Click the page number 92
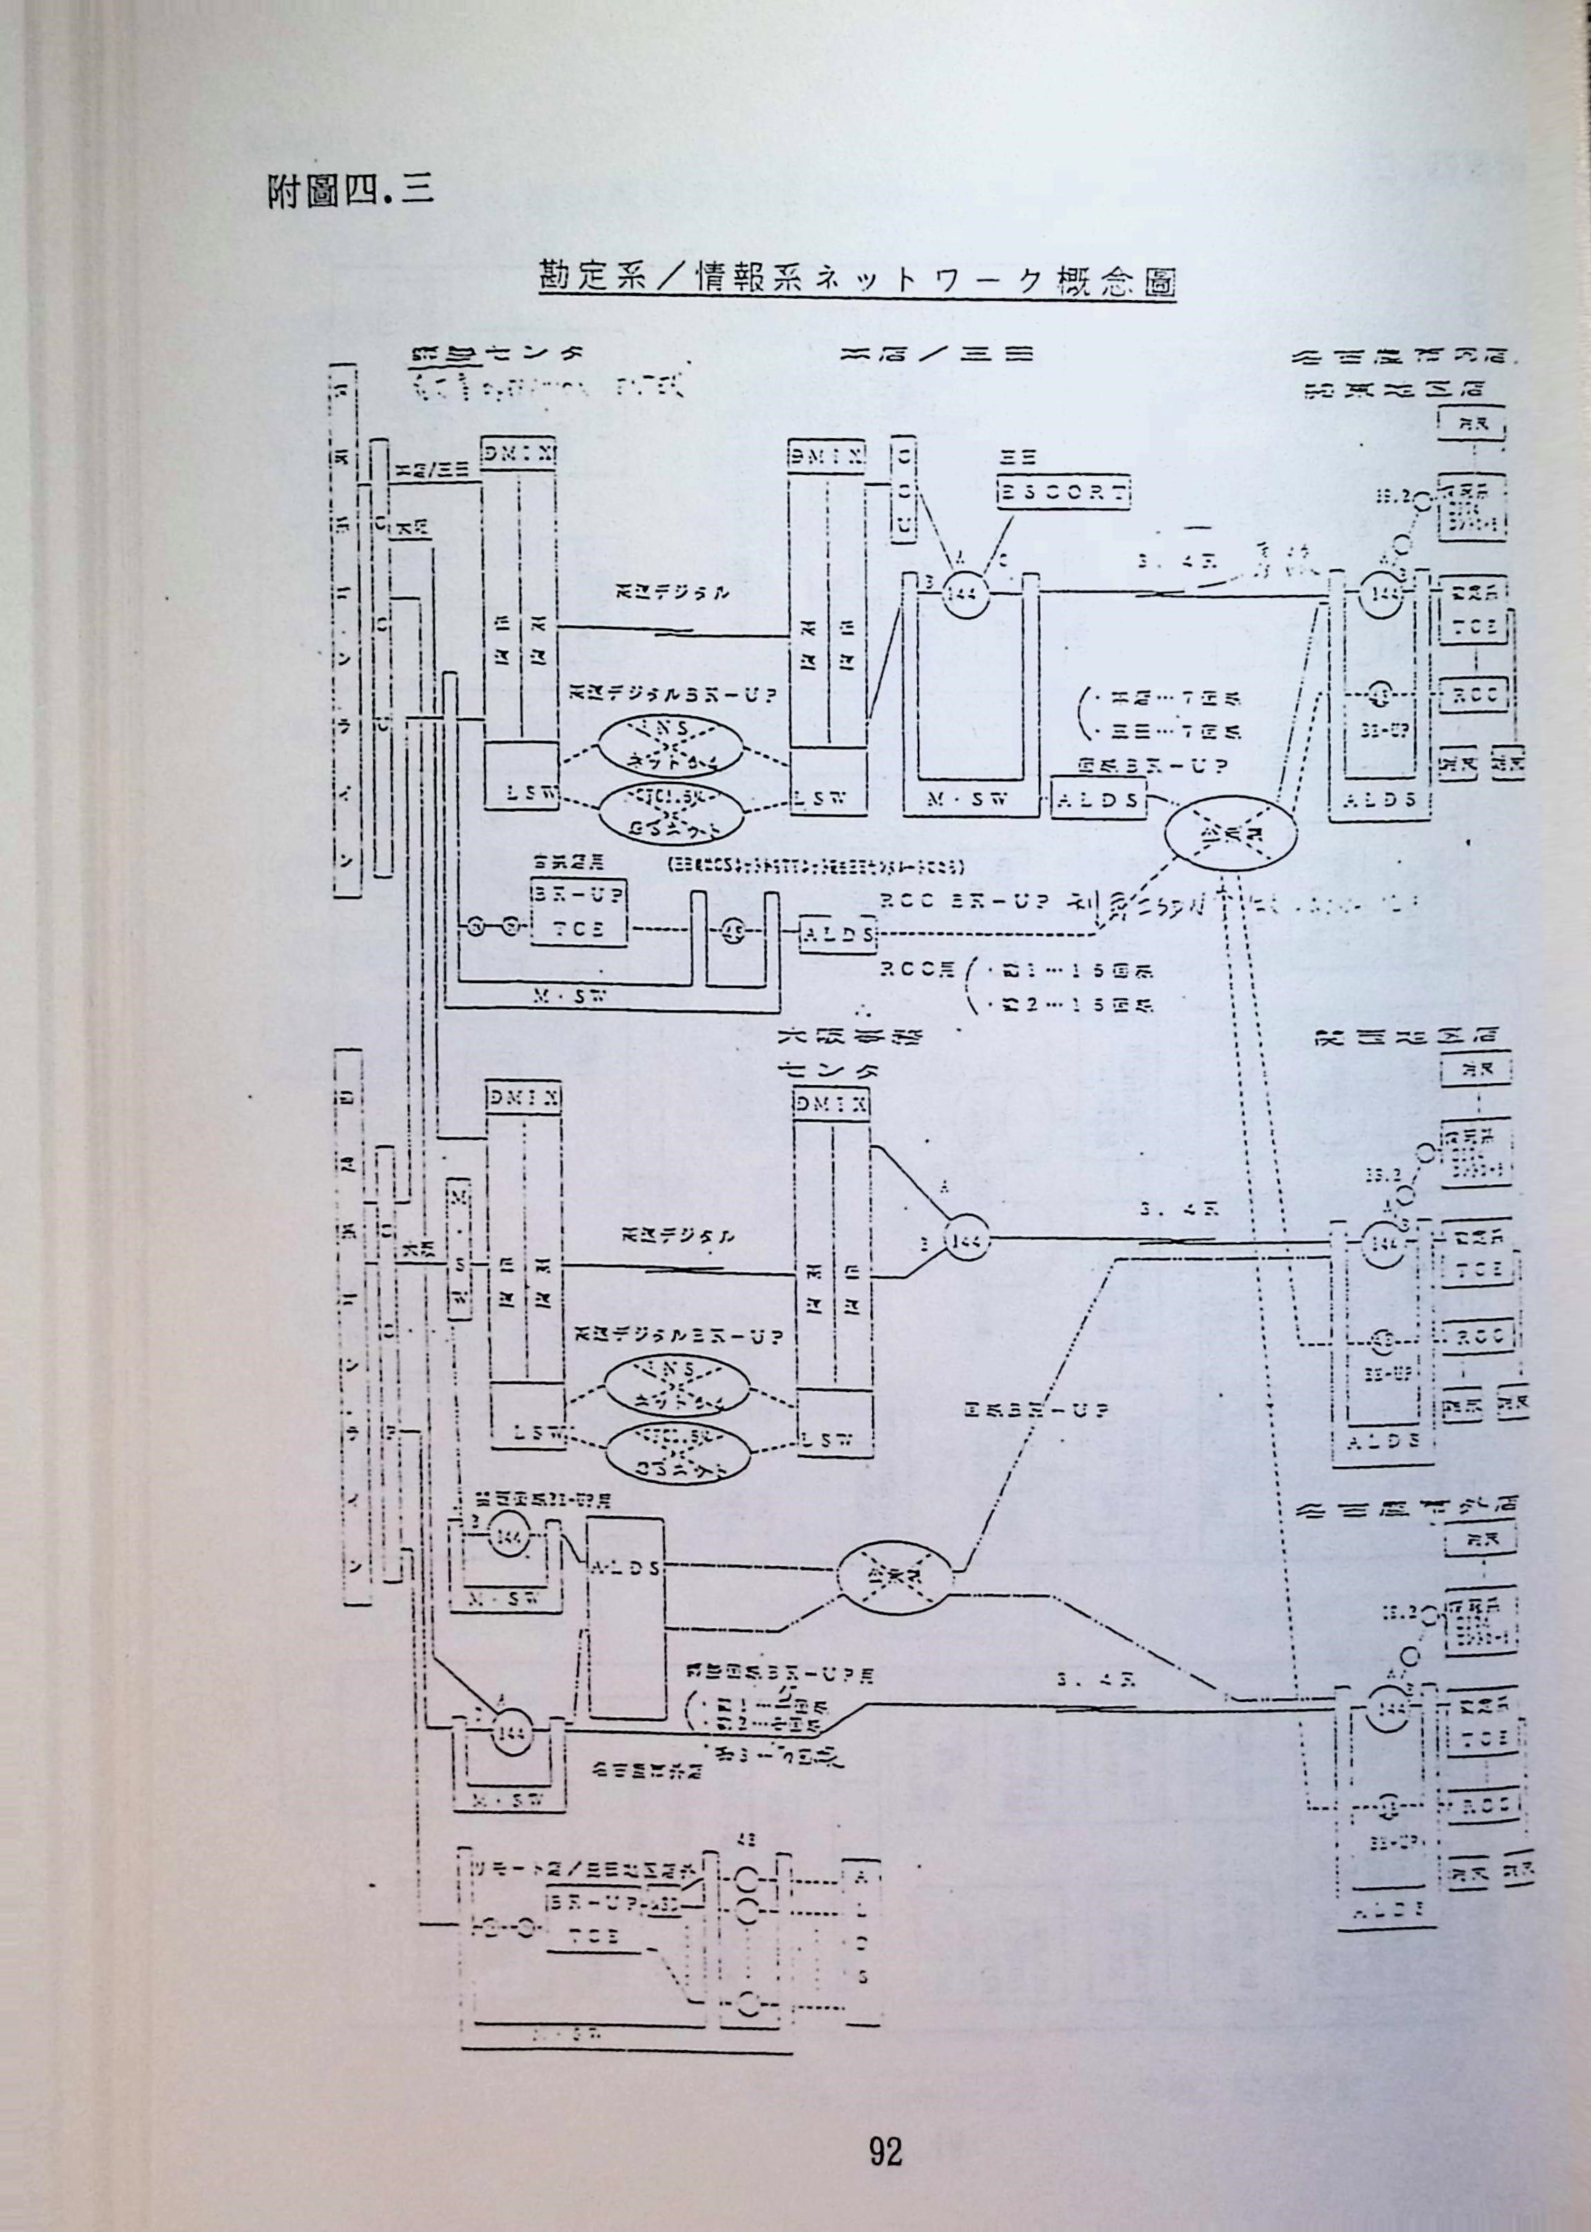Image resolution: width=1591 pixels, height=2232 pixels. (885, 2089)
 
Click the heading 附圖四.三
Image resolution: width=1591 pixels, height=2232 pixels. (350, 191)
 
